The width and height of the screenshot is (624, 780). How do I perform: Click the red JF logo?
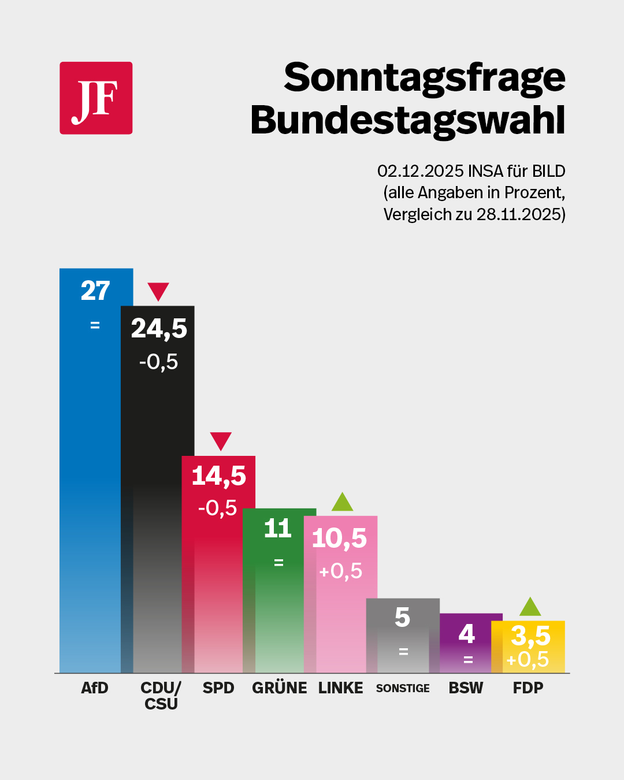[x=96, y=98]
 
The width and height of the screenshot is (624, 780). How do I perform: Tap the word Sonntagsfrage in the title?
[x=424, y=78]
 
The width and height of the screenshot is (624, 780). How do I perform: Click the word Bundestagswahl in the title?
[x=407, y=120]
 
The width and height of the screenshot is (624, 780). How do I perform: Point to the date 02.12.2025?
[x=420, y=171]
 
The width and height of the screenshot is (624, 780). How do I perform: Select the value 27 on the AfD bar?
[x=95, y=291]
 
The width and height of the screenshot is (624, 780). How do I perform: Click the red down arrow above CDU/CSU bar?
[x=158, y=291]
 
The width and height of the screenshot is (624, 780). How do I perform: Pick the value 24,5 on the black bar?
[x=159, y=328]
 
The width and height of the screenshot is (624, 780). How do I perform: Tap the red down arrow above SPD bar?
[x=221, y=441]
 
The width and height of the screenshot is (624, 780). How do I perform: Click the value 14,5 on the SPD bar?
[x=218, y=476]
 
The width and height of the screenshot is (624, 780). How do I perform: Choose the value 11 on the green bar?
[x=277, y=528]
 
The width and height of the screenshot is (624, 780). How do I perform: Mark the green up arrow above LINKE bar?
[x=342, y=502]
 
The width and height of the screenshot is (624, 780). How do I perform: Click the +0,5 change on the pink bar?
[x=340, y=571]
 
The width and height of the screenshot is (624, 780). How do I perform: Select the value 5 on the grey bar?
[x=403, y=618]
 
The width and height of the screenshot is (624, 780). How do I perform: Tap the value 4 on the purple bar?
[x=466, y=634]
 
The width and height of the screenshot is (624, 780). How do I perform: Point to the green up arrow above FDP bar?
[x=530, y=607]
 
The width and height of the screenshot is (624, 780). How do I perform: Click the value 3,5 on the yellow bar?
[x=530, y=636]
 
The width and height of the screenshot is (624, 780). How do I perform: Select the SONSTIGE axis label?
[x=403, y=688]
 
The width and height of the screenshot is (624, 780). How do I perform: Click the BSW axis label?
[x=466, y=688]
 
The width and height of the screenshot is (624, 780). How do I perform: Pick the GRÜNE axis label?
[x=280, y=688]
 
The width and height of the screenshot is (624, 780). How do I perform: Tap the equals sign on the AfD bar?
[x=95, y=325]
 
